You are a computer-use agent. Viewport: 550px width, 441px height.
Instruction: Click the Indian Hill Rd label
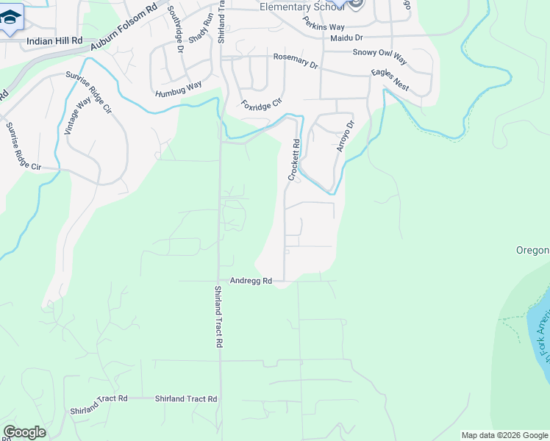click(x=54, y=43)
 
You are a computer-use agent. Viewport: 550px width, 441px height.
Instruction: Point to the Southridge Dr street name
click(x=176, y=30)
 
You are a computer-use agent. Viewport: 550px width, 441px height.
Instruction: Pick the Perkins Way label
click(x=324, y=25)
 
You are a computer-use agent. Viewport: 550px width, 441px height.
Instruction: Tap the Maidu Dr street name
click(x=347, y=37)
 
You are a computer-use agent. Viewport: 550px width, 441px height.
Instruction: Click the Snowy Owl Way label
click(x=379, y=53)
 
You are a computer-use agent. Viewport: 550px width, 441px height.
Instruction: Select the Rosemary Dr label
click(x=295, y=61)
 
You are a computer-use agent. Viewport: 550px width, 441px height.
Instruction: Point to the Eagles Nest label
click(x=390, y=81)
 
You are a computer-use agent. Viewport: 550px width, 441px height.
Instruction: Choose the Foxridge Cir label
click(x=262, y=105)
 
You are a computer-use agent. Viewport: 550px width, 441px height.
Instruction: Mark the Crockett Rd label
click(x=294, y=160)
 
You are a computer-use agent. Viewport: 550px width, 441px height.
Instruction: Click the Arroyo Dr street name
click(x=345, y=137)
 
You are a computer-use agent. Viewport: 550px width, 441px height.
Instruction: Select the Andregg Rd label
click(x=251, y=281)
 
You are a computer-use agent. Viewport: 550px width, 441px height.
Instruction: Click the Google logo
click(x=24, y=432)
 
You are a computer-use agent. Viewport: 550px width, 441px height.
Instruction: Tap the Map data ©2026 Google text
click(x=504, y=435)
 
